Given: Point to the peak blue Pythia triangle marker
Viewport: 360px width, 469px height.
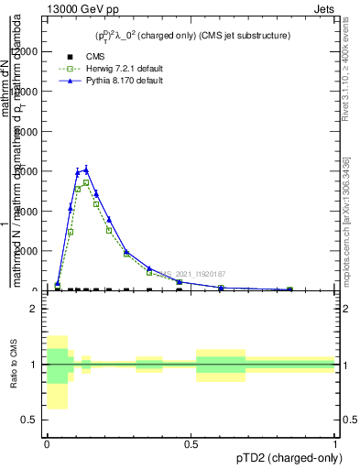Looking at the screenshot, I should click(86, 169).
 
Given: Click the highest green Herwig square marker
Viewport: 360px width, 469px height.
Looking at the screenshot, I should click(86, 182).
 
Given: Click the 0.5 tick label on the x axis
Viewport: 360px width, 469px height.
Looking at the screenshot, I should click(191, 443).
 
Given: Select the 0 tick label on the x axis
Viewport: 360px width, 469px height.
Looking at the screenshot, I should click(47, 443).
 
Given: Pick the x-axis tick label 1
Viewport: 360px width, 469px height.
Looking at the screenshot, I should click(335, 443).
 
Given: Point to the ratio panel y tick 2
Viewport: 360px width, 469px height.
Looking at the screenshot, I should click(34, 309).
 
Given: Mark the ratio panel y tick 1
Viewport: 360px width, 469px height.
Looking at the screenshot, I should click(34, 365).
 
